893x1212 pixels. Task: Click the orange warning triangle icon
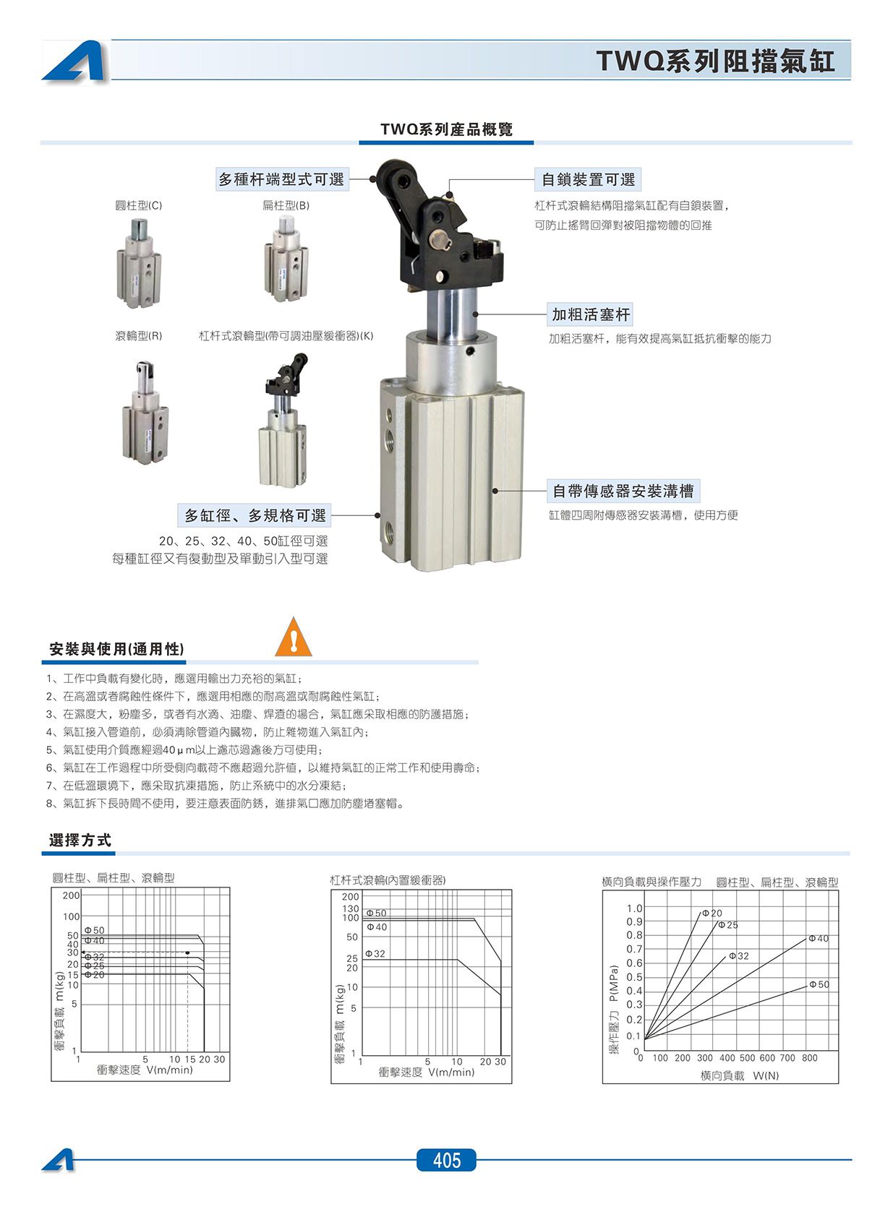point(294,637)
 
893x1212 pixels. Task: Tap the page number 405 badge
point(447,1160)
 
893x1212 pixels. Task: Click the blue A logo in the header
point(74,61)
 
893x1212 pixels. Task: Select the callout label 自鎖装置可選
point(589,180)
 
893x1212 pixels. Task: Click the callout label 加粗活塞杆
point(591,314)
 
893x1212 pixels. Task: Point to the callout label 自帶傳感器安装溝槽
point(623,491)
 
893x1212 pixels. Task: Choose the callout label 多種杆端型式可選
point(281,179)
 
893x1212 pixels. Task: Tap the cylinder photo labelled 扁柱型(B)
point(286,258)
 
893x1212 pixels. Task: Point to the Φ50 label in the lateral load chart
point(819,984)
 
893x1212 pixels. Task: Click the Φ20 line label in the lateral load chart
point(712,913)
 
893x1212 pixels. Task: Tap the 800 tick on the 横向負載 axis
point(810,1057)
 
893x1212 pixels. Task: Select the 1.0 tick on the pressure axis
point(634,908)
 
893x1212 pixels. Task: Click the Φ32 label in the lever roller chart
point(375,953)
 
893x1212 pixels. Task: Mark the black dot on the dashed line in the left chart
point(187,953)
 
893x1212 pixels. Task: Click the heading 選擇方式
point(80,840)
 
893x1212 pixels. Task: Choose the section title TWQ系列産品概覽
point(446,129)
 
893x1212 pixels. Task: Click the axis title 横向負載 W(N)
point(740,1075)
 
